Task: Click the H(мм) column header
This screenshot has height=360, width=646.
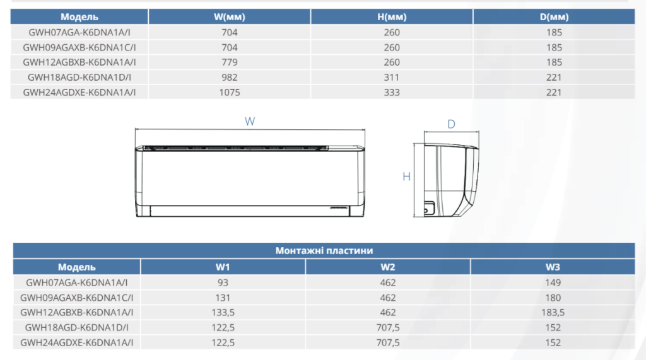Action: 391,17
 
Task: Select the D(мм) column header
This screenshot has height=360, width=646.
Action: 554,17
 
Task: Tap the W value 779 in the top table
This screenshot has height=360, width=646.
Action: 230,62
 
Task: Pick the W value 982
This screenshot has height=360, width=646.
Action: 230,78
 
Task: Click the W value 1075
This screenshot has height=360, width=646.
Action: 230,92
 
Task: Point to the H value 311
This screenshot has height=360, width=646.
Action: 391,78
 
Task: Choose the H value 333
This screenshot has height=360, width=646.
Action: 391,92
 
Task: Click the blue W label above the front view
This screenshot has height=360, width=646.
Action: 250,122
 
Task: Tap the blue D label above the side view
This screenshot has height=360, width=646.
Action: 451,124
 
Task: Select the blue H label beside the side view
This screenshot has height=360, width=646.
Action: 406,177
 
